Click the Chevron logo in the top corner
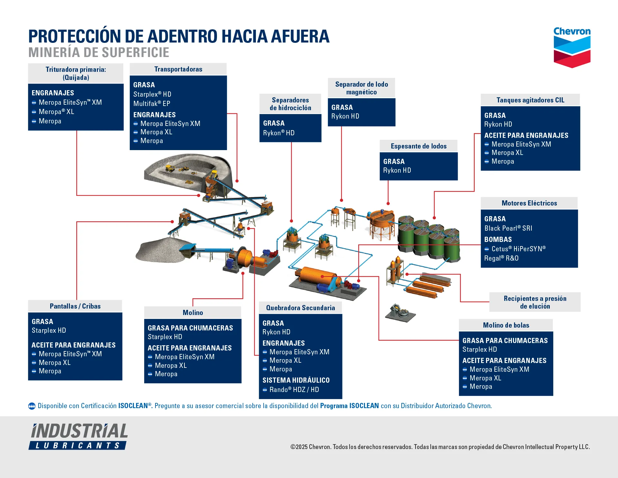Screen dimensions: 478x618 (x=572, y=47)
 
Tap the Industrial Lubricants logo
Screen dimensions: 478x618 (x=79, y=436)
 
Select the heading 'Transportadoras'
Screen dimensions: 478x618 (x=178, y=69)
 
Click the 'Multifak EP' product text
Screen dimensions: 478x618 (x=152, y=104)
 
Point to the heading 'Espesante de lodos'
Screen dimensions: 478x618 (x=418, y=146)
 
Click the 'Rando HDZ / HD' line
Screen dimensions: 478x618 (x=294, y=390)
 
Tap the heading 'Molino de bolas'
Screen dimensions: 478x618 (x=506, y=325)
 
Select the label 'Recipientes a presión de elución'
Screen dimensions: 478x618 (x=535, y=302)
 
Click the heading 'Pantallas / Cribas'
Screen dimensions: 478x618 (x=75, y=306)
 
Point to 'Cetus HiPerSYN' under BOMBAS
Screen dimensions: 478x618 (x=518, y=249)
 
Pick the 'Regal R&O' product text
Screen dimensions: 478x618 (x=501, y=258)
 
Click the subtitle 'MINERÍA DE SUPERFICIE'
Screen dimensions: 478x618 (x=99, y=53)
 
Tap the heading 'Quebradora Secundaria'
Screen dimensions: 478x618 (x=300, y=308)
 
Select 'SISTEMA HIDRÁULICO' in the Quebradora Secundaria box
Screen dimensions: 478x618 (x=296, y=380)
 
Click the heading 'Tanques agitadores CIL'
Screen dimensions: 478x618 (x=530, y=100)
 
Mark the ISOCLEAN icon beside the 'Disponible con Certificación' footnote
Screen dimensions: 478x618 (x=32, y=406)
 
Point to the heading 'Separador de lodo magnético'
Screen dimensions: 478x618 (x=361, y=88)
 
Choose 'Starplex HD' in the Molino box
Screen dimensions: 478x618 (x=165, y=337)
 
